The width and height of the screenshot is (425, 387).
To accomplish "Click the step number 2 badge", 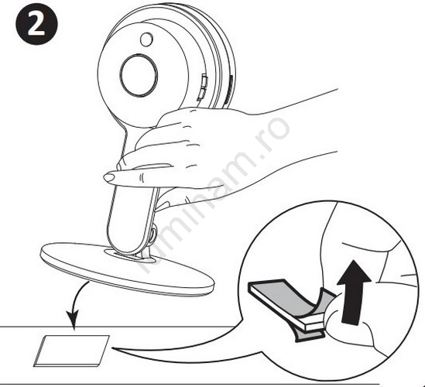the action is click(36, 24).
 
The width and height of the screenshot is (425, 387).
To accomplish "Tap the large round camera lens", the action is click(139, 75).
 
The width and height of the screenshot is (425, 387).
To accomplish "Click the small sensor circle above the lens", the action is click(146, 39).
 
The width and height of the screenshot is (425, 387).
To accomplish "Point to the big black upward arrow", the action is click(353, 292).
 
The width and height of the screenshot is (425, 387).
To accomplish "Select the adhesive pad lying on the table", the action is click(71, 351).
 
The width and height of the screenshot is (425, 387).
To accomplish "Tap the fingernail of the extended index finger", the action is click(109, 178).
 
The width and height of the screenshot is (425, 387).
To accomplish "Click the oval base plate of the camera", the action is click(128, 269).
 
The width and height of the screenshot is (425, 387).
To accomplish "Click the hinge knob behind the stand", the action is click(153, 235).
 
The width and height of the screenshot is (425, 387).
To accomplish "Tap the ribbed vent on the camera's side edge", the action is click(231, 90).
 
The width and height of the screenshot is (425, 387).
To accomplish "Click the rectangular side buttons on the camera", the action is click(204, 87).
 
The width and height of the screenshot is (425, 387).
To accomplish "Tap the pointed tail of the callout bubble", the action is click(113, 348).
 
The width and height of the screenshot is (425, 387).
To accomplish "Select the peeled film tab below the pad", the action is click(309, 334).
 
